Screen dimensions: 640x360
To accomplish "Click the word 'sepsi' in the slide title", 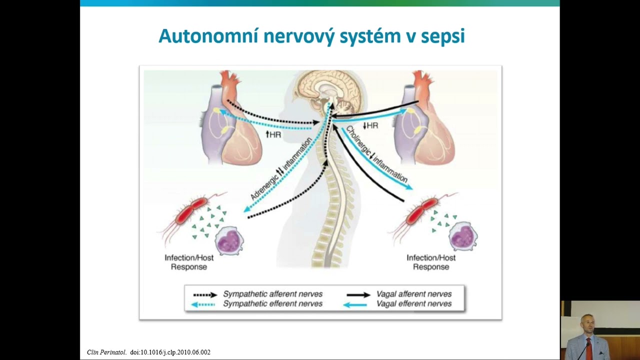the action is tap(443, 36).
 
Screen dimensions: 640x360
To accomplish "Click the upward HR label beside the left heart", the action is tap(273, 134).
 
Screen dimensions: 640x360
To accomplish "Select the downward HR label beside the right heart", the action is tap(370, 125).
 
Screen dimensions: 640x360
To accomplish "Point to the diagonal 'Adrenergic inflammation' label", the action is tap(281, 168).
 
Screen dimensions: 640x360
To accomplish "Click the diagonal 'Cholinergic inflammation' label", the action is tap(376, 154).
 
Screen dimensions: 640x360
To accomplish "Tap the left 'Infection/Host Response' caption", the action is tap(189, 262).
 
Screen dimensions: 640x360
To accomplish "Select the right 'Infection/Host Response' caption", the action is tap(431, 262).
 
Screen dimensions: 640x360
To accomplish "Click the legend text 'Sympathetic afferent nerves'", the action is tap(272, 294).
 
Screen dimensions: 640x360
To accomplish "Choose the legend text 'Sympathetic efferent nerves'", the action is tap(272, 303).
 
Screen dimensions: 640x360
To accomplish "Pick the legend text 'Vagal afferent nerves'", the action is tap(414, 294).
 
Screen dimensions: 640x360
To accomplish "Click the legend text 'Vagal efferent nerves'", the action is tap(414, 303).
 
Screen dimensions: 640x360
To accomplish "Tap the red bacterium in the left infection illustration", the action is tap(191, 210).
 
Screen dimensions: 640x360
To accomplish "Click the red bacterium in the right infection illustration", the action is tap(421, 211).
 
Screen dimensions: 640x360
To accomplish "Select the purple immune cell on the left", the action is tap(229, 240).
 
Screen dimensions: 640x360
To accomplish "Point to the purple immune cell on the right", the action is tap(463, 236).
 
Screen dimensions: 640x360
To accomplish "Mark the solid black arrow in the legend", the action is tap(358, 295).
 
